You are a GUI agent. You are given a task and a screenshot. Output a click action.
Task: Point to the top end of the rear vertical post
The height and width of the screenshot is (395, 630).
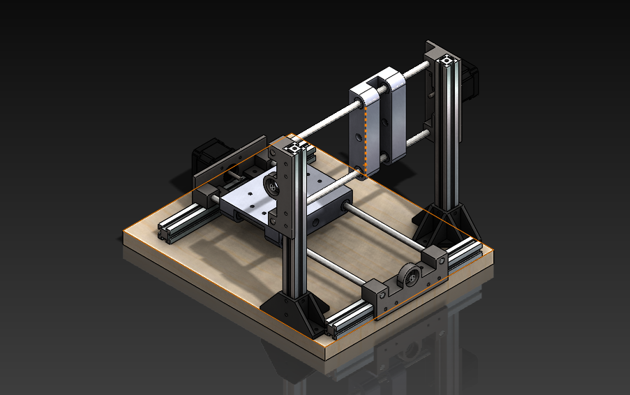click(446, 61)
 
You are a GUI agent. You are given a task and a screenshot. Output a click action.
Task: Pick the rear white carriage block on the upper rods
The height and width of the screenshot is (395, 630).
click(393, 112)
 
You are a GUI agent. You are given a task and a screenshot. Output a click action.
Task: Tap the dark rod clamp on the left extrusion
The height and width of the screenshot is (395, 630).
click(207, 195)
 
